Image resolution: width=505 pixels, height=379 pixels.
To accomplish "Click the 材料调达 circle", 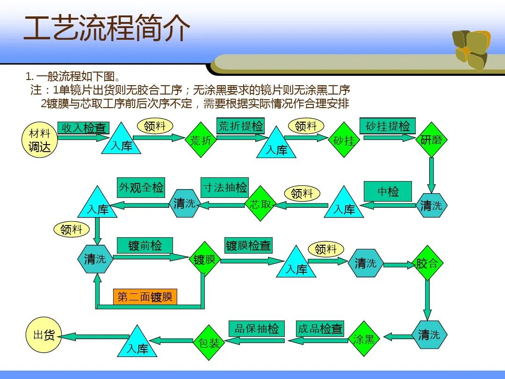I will click(x=40, y=140).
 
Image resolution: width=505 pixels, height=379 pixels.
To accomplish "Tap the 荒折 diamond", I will click(x=201, y=140).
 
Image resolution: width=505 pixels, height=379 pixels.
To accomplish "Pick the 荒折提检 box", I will click(x=241, y=126).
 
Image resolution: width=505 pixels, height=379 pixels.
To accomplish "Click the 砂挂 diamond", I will click(x=345, y=140).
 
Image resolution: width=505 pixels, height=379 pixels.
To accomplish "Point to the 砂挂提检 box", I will click(x=388, y=126).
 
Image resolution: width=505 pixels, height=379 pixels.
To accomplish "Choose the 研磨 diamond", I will click(x=431, y=140).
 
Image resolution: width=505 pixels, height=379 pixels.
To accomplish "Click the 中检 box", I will click(x=388, y=191).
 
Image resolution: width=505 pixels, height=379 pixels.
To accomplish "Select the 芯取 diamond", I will click(x=260, y=204).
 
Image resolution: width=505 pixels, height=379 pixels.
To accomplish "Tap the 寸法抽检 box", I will click(x=224, y=188).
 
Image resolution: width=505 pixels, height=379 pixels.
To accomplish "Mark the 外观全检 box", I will click(x=141, y=188).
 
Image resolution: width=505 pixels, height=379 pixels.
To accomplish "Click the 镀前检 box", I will click(x=144, y=245).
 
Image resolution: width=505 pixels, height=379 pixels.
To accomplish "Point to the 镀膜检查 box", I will click(x=248, y=245).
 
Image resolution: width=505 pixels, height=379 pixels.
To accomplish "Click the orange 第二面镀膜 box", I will click(x=145, y=297).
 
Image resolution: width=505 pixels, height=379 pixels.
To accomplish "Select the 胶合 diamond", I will click(x=427, y=263).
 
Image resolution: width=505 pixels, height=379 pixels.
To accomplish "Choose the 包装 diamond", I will click(x=209, y=343).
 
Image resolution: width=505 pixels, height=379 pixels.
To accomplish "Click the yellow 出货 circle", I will click(x=43, y=335).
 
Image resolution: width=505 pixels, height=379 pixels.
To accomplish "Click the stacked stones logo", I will click(x=471, y=49).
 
